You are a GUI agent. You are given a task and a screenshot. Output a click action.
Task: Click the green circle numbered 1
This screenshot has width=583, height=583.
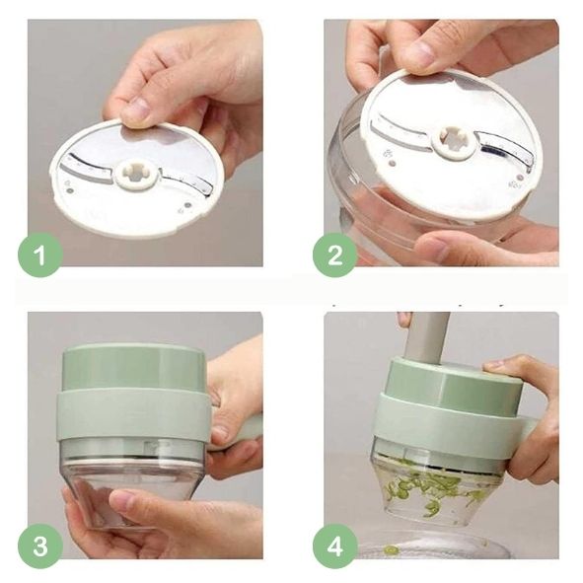40,255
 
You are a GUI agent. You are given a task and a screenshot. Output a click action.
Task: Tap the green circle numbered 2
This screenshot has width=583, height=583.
335,255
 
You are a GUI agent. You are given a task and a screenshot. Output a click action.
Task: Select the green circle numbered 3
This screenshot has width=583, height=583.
40,547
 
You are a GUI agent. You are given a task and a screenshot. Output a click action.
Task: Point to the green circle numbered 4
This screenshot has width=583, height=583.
335,547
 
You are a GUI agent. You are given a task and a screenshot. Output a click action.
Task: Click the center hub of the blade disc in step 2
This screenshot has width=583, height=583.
454,143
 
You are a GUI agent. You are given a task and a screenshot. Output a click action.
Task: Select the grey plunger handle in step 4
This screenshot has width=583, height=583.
426,336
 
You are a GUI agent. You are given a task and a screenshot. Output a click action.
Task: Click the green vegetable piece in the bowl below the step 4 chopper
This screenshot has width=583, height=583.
391,549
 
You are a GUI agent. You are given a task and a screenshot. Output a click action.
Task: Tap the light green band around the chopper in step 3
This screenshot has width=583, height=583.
134,413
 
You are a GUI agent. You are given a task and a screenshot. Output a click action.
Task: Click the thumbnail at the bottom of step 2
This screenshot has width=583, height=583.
431,247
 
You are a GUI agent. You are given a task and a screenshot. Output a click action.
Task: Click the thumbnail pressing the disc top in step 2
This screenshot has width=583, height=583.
421,51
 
